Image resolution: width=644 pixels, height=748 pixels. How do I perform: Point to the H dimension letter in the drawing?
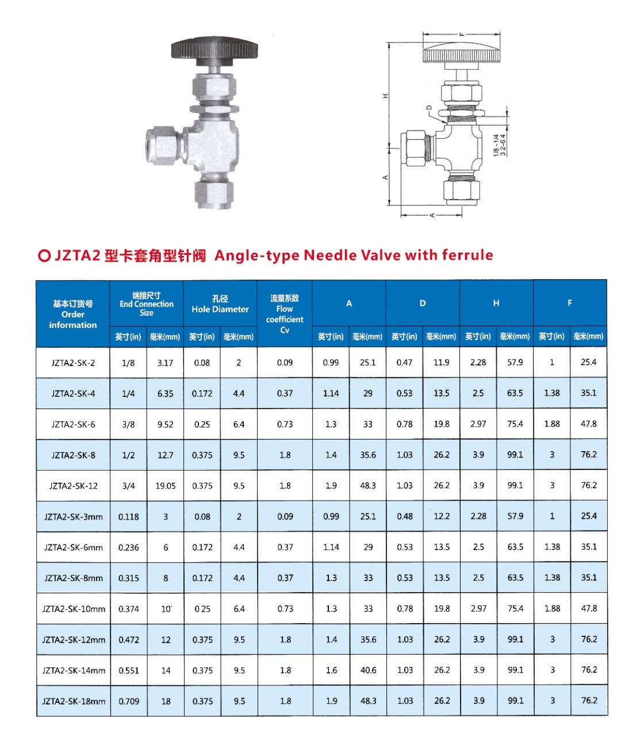coord(385,96)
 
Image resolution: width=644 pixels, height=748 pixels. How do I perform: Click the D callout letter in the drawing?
coord(429,108)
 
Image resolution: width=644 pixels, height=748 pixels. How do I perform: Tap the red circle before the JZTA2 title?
coord(44,256)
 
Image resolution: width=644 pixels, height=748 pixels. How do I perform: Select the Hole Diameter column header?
coord(220,310)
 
